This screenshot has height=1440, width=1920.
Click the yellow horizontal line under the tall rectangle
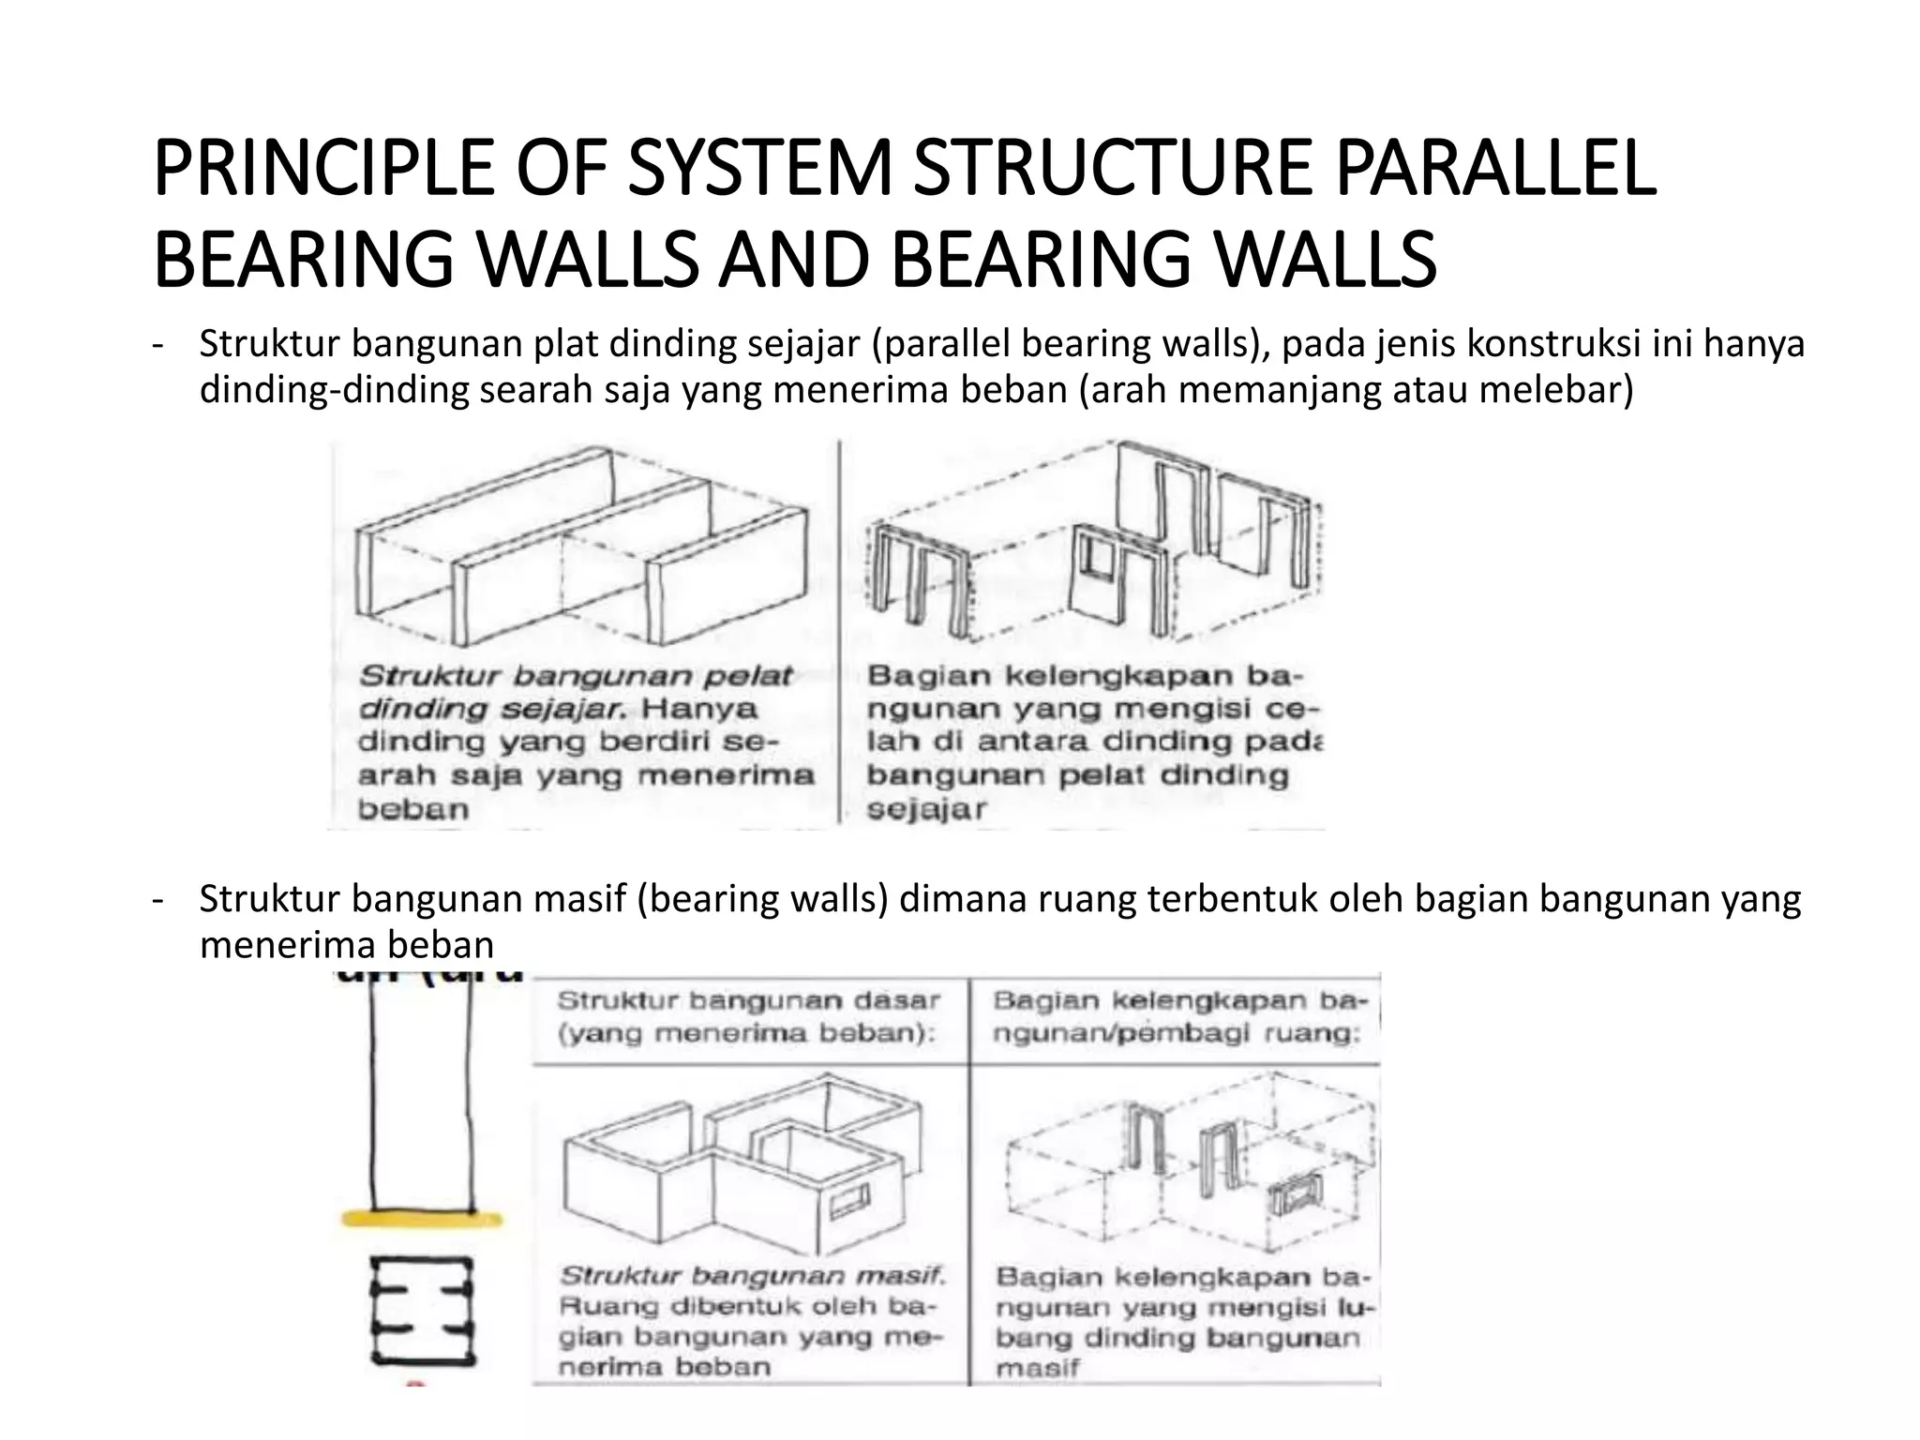421,1219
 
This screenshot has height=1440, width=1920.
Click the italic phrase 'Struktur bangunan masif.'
753,1276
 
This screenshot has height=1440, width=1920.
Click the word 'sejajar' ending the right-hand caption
926,810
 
